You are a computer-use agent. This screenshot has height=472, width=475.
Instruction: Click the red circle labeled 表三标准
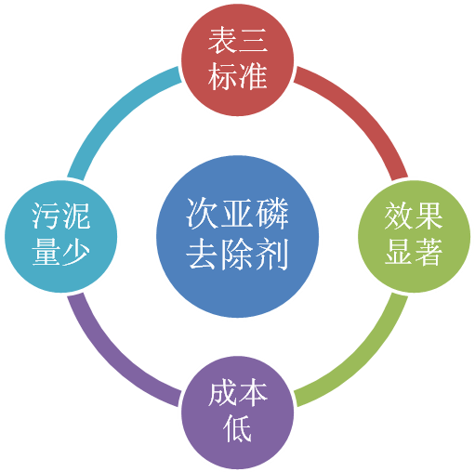(237, 60)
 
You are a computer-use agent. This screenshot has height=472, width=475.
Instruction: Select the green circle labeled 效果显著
(415, 237)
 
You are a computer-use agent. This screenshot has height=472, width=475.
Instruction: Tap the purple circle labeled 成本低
(237, 413)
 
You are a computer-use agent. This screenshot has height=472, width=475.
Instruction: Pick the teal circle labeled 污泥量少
(61, 237)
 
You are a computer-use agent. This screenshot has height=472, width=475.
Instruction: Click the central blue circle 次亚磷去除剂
(237, 237)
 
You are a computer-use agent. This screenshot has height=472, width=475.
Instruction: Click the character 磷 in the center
(271, 214)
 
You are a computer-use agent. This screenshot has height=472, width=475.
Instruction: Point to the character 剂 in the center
(271, 254)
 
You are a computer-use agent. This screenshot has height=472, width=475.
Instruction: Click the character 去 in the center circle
(203, 254)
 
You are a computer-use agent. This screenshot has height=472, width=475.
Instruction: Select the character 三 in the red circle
(253, 41)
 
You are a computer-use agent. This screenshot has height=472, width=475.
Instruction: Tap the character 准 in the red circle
(253, 76)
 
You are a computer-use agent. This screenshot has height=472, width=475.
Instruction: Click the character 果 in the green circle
(429, 216)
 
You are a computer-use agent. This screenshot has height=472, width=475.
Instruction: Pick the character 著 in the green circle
(429, 252)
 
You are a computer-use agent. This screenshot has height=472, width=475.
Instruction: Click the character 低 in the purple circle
(237, 429)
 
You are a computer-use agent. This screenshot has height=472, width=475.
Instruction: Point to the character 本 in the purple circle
(253, 393)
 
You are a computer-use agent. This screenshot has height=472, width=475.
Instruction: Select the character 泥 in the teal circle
(76, 216)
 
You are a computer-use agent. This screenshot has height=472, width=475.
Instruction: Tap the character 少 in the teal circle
(76, 252)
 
